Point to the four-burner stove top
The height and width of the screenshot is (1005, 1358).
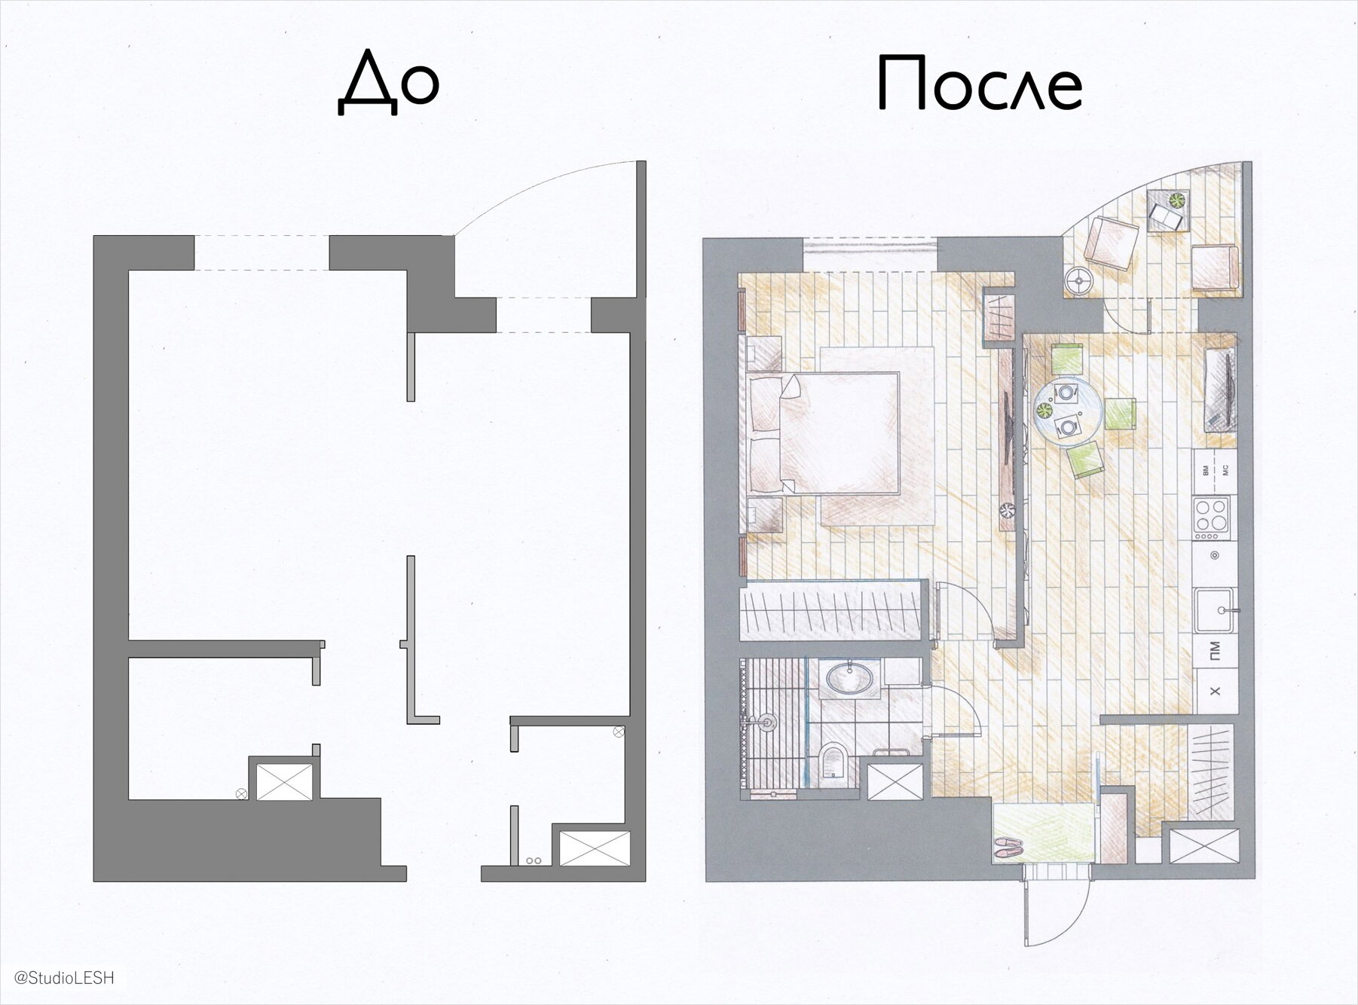(x=1213, y=516)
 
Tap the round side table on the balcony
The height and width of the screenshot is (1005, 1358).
(x=1078, y=282)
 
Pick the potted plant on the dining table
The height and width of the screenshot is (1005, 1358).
(x=1044, y=411)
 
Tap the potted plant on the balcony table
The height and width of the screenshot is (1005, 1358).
(x=1176, y=200)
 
